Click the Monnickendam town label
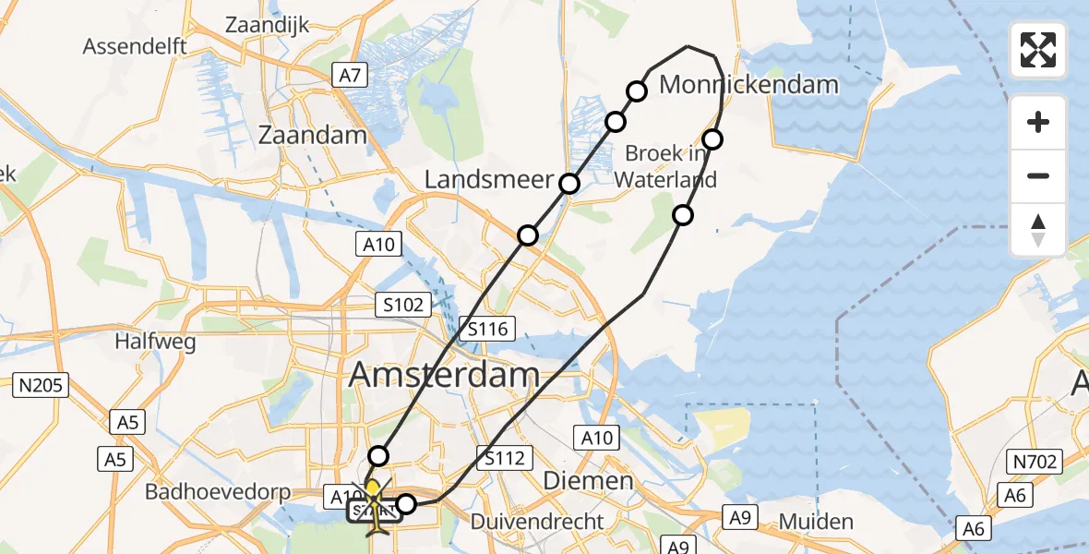click(x=748, y=86)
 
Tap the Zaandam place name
click(x=311, y=135)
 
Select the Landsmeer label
click(x=487, y=181)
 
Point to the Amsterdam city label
click(x=444, y=375)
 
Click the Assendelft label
click(x=135, y=45)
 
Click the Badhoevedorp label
click(x=218, y=492)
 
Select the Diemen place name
click(x=588, y=480)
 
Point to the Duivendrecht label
click(x=537, y=522)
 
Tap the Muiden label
click(x=816, y=522)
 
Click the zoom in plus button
click(x=1038, y=122)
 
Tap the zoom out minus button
click(x=1038, y=175)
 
